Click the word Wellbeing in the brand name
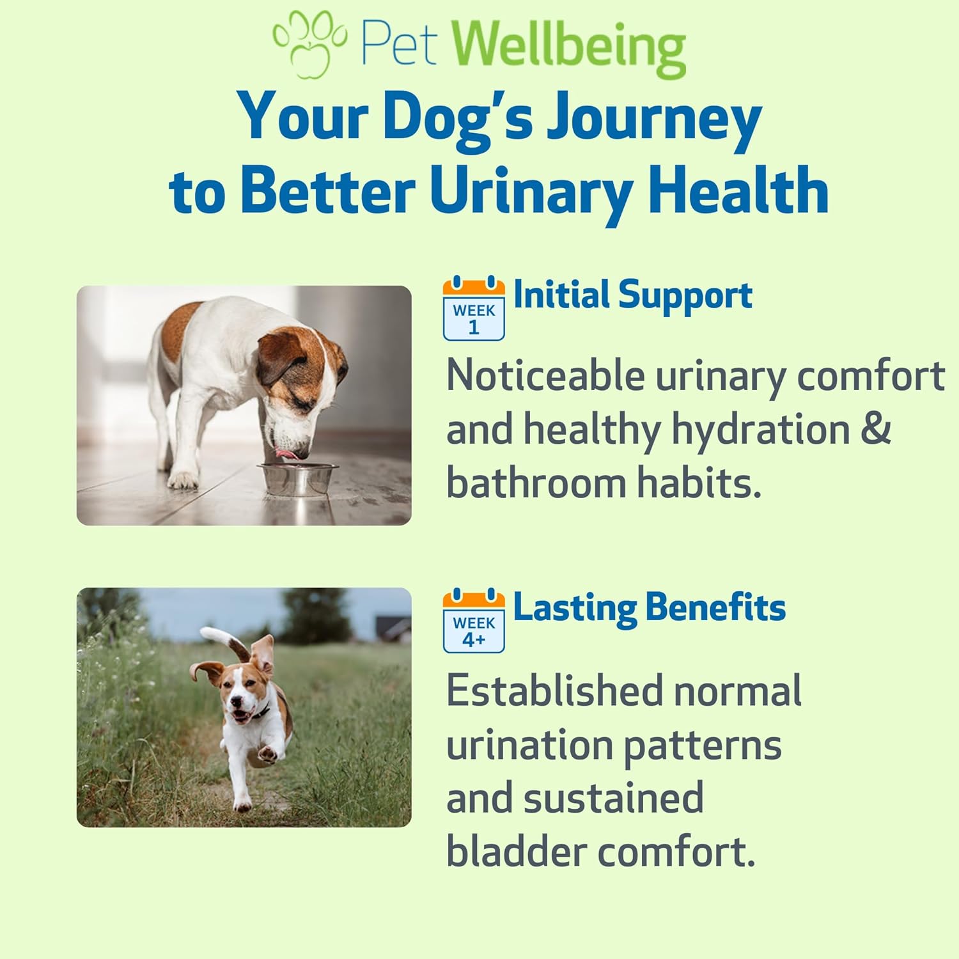click(569, 45)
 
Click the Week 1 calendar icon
click(474, 309)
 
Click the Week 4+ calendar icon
click(474, 621)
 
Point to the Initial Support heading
click(633, 295)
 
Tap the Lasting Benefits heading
click(650, 607)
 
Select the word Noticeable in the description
click(545, 375)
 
